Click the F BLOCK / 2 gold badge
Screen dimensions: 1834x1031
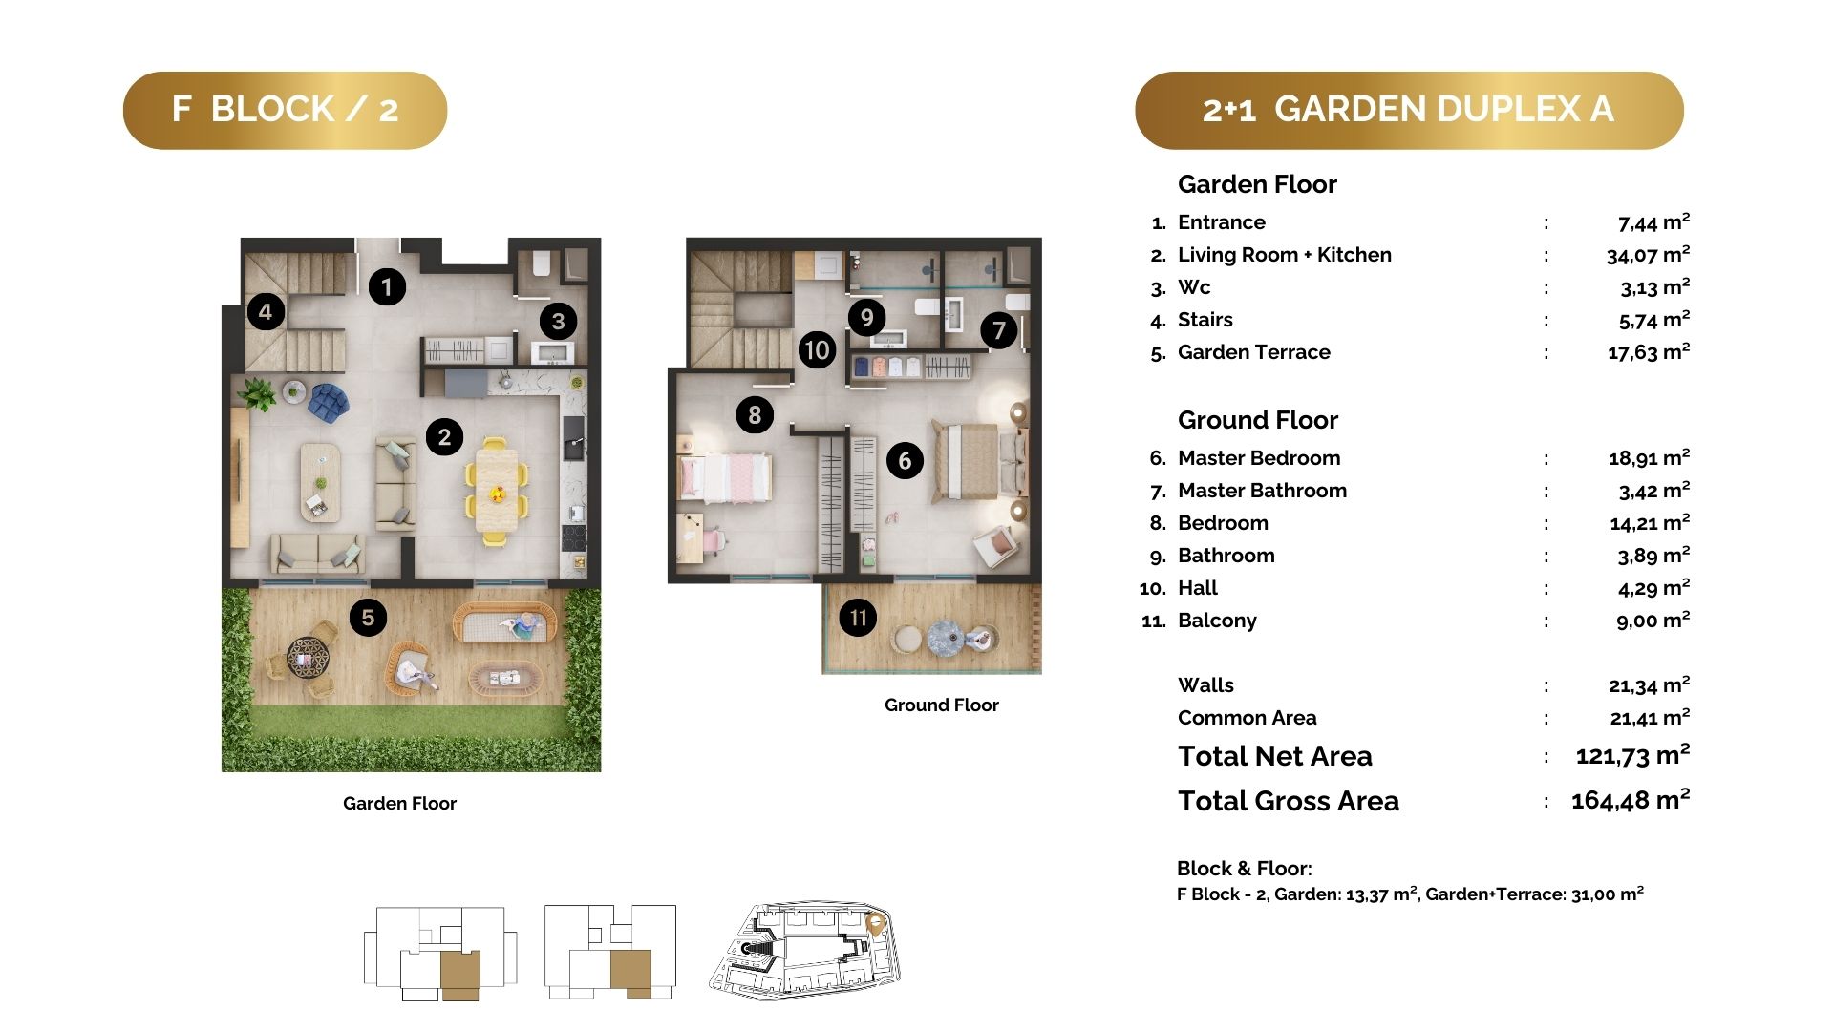tap(285, 110)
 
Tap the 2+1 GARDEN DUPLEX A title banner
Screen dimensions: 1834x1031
tap(1409, 110)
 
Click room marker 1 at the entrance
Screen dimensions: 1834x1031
tap(387, 286)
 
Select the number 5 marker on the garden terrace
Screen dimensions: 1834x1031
tap(368, 618)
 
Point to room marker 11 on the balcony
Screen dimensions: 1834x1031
tap(858, 618)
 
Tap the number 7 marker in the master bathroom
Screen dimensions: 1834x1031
tap(998, 330)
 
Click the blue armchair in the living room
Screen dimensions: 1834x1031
tap(329, 401)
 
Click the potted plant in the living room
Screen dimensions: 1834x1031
tap(257, 393)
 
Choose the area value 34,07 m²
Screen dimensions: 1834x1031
tap(1648, 255)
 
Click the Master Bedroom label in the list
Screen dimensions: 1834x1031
tap(1259, 458)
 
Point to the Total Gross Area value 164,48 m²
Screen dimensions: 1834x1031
tap(1631, 800)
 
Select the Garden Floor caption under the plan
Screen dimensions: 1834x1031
tap(399, 804)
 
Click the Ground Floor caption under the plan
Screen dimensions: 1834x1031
tap(942, 705)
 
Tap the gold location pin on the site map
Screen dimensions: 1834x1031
tap(874, 924)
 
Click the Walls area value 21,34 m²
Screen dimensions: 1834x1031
tap(1649, 685)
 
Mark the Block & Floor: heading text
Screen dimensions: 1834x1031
tap(1245, 869)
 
